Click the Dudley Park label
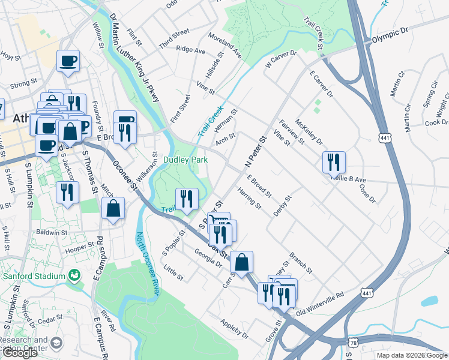[185, 160]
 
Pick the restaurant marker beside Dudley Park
[187, 199]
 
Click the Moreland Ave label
[224, 46]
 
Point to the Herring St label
[249, 198]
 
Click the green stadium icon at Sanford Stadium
[74, 275]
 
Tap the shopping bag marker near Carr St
[241, 263]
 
